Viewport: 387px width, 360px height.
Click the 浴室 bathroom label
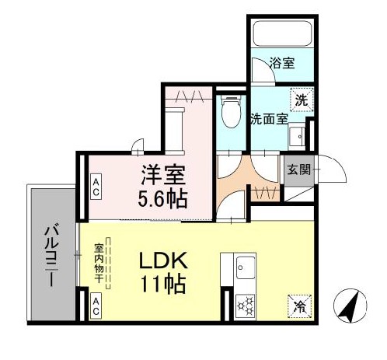tap(282, 63)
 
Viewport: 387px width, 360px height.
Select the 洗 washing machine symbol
tap(299, 99)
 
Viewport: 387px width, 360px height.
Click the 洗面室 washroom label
tap(269, 120)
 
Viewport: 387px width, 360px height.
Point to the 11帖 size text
tap(163, 285)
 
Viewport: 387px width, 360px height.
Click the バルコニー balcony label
tap(50, 255)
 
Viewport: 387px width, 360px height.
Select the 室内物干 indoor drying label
tap(101, 264)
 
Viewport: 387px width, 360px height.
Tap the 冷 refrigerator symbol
tap(298, 305)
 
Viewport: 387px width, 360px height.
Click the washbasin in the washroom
tap(295, 138)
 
